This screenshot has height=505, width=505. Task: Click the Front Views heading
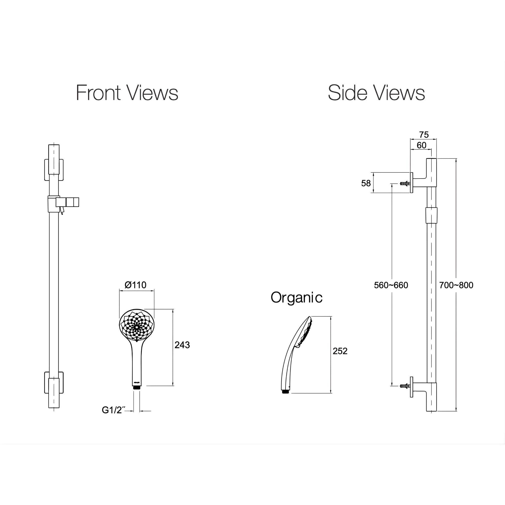tap(127, 93)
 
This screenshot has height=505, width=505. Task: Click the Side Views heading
tap(376, 93)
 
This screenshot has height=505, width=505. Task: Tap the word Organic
tap(296, 297)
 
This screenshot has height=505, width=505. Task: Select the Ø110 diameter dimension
tap(135, 285)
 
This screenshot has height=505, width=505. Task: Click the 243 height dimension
tap(182, 345)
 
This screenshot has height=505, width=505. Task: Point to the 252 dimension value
tap(340, 351)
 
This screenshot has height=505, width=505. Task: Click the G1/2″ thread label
tap(112, 410)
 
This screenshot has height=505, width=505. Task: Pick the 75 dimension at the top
tap(424, 135)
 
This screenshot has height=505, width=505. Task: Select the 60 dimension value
tap(421, 145)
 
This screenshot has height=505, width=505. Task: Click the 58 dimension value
tap(366, 183)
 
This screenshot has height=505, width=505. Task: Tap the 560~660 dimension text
tap(391, 285)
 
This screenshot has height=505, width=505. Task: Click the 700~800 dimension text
tap(456, 285)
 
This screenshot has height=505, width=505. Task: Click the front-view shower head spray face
tap(137, 326)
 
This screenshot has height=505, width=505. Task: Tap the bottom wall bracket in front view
tap(54, 383)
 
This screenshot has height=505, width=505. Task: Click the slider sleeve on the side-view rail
tap(431, 216)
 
